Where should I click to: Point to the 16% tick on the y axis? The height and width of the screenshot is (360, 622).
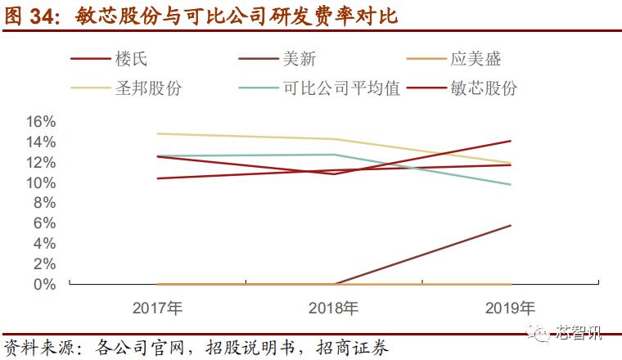(40, 121)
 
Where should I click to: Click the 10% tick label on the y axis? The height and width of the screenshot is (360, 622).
(40, 182)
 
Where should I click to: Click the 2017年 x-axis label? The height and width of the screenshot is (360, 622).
(158, 308)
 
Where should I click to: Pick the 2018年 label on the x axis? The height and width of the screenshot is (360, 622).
(335, 308)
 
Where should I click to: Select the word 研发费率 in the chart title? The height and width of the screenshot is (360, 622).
(316, 16)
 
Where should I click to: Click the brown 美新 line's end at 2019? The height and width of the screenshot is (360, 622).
(512, 225)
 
